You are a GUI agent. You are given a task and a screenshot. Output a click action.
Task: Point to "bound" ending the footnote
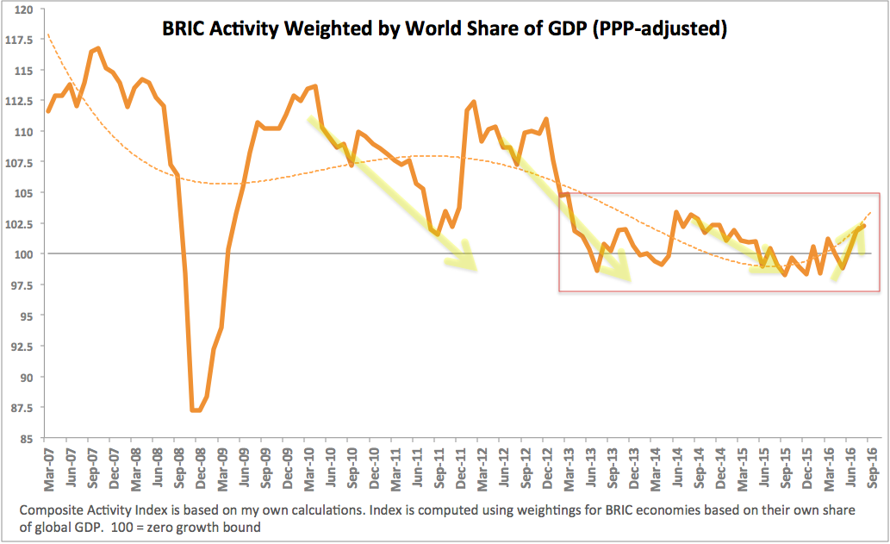click(x=242, y=525)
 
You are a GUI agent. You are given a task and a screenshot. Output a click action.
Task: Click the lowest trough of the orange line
click(x=196, y=410)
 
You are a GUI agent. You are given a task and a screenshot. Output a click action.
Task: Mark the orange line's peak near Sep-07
click(x=99, y=48)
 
